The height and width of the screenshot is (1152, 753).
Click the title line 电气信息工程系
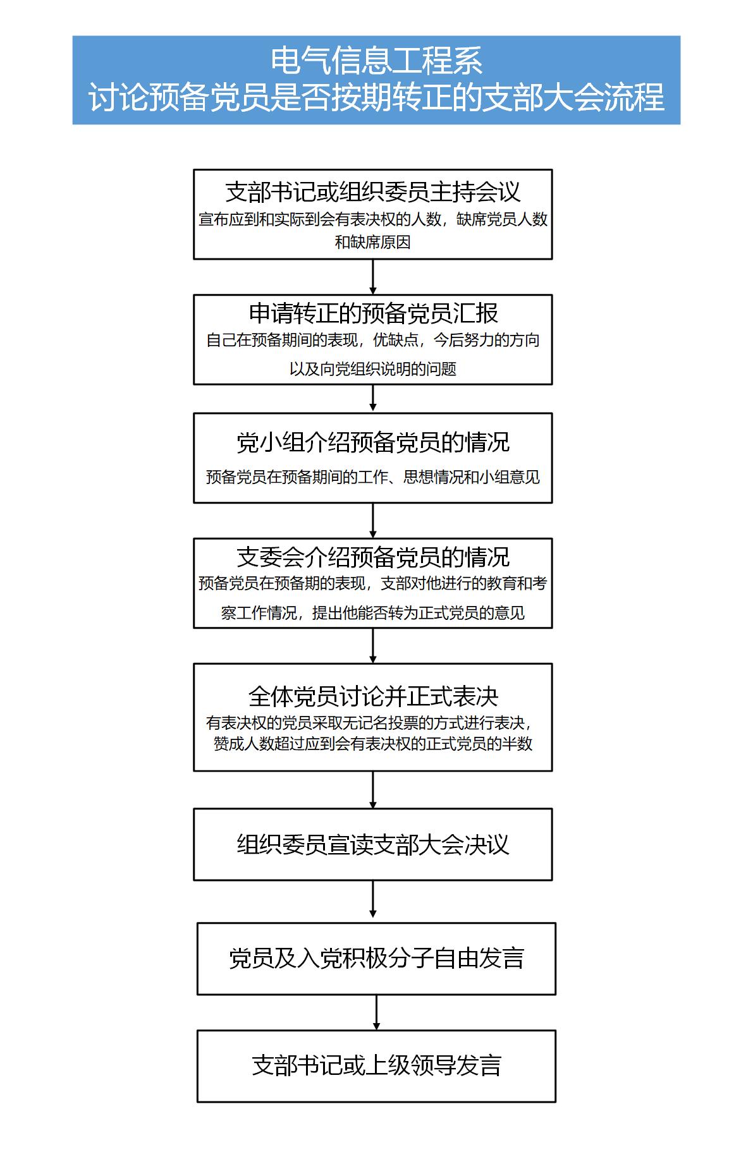pos(376,61)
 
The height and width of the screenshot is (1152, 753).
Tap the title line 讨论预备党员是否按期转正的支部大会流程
pos(376,97)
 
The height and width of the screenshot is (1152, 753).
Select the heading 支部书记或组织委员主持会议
pos(373,191)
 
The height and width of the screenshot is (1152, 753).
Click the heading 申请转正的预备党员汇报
pos(373,313)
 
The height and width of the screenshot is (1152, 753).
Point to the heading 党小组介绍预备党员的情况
pos(373,442)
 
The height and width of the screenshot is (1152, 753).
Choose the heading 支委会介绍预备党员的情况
pos(373,557)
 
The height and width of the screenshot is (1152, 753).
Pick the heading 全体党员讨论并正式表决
pos(373,696)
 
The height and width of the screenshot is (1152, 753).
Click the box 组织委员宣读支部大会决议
pos(373,844)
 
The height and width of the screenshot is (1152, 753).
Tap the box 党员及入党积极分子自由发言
pos(376,959)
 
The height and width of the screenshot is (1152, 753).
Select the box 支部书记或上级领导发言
pos(376,1066)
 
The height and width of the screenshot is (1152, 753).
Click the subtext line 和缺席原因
pos(373,242)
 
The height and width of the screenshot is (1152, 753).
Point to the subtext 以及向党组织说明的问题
pos(373,369)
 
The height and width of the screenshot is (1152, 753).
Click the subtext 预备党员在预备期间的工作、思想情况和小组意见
pos(373,477)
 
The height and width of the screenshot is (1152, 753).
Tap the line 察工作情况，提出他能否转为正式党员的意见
pos(373,613)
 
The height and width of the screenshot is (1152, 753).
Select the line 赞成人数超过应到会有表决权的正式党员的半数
pos(373,744)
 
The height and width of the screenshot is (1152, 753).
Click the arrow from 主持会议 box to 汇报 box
pos(373,277)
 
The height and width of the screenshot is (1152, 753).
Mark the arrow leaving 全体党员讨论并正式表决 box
pos(373,790)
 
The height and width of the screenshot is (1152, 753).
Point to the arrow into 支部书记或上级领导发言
pos(376,1012)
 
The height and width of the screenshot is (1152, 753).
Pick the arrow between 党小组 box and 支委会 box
pos(373,521)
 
